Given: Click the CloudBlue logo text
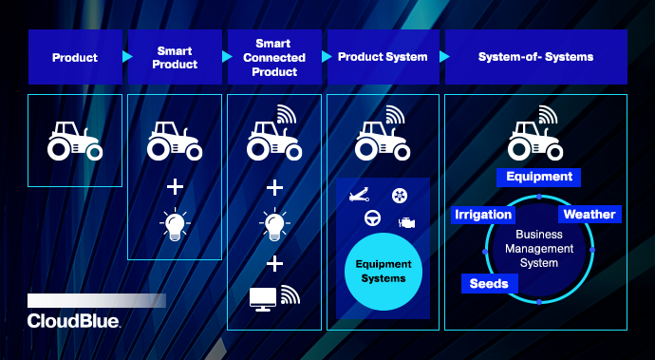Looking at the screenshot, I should click(x=74, y=321).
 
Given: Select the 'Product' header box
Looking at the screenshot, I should click(x=75, y=57).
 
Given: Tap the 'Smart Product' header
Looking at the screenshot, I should click(x=175, y=57).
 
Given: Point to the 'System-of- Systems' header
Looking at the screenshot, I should click(x=536, y=57).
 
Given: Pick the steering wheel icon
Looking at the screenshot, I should click(x=371, y=219).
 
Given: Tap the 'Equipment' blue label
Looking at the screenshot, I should click(x=539, y=177).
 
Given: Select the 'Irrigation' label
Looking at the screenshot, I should click(x=483, y=215).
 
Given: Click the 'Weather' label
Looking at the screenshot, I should click(x=589, y=215).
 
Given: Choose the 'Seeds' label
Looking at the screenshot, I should click(x=489, y=283).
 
